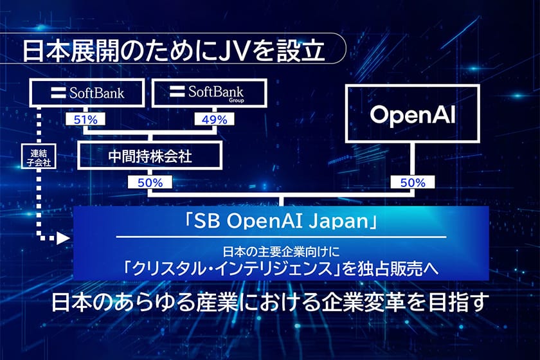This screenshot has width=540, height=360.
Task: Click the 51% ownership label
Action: (85, 120)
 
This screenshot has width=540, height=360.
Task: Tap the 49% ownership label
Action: (214, 120)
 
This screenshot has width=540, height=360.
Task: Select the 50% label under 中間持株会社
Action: (150, 182)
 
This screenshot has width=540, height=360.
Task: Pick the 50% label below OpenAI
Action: (413, 182)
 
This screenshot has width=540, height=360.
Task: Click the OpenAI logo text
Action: (413, 114)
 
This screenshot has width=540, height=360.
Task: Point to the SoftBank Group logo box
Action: (210, 93)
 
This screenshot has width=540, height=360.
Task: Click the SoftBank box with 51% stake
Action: (87, 93)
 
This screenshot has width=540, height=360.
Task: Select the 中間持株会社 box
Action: (150, 156)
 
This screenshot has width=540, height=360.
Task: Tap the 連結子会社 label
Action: (39, 157)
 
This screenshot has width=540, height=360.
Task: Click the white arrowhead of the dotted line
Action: (64, 238)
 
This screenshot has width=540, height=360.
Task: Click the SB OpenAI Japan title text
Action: (281, 222)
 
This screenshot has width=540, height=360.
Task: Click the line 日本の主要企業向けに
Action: (281, 252)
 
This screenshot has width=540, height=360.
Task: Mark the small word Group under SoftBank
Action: (237, 100)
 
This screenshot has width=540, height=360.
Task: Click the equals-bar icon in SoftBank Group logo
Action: (177, 91)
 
